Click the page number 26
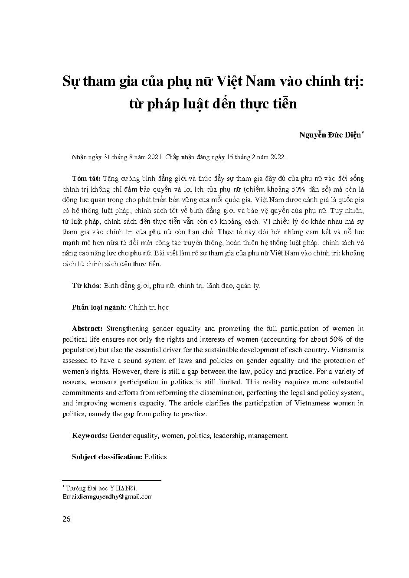click(66, 519)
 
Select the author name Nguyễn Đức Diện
click(330, 134)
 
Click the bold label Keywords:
click(89, 435)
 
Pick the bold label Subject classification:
click(107, 457)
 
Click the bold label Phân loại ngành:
click(99, 307)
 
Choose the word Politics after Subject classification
click(156, 457)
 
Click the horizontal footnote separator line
click(111, 480)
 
